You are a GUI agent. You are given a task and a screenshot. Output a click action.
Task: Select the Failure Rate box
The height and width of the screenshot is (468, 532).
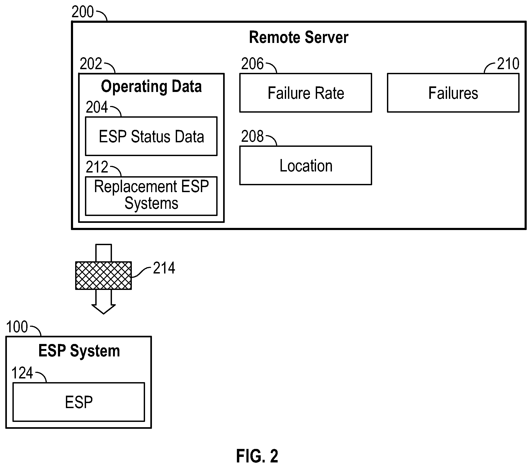306,93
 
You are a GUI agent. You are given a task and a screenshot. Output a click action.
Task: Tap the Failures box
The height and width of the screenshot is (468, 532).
453,93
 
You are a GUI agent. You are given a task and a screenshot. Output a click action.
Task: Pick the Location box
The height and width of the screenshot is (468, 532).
306,165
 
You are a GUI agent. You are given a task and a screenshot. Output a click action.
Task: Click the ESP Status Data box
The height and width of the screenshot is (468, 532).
151,136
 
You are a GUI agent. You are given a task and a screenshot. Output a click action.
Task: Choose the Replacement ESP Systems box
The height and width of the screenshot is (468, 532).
151,196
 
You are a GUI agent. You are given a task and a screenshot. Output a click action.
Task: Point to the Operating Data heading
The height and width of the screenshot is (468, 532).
151,87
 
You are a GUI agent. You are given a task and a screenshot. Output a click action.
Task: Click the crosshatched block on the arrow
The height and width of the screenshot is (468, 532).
103,275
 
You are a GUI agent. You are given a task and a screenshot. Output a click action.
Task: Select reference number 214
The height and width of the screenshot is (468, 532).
164,268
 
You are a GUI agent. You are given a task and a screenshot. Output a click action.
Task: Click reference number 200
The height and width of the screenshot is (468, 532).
83,12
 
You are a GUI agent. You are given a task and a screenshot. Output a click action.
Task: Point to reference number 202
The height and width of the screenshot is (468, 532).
91,64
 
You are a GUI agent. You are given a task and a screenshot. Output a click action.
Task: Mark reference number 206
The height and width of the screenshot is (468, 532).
252,64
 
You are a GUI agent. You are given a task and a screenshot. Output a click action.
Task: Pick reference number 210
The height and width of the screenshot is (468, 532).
508,64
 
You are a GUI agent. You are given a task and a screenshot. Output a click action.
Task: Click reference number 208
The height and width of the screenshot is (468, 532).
252,136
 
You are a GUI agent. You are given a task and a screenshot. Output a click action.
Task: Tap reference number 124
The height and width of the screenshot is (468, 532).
22,373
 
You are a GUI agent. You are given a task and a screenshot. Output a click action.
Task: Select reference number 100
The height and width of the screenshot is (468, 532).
17,327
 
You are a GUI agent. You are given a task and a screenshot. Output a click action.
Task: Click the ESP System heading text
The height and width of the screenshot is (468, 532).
79,351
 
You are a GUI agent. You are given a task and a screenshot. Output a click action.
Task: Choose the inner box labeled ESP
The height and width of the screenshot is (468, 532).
79,402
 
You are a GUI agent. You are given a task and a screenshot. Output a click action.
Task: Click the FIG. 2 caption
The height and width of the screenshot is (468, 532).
257,456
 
